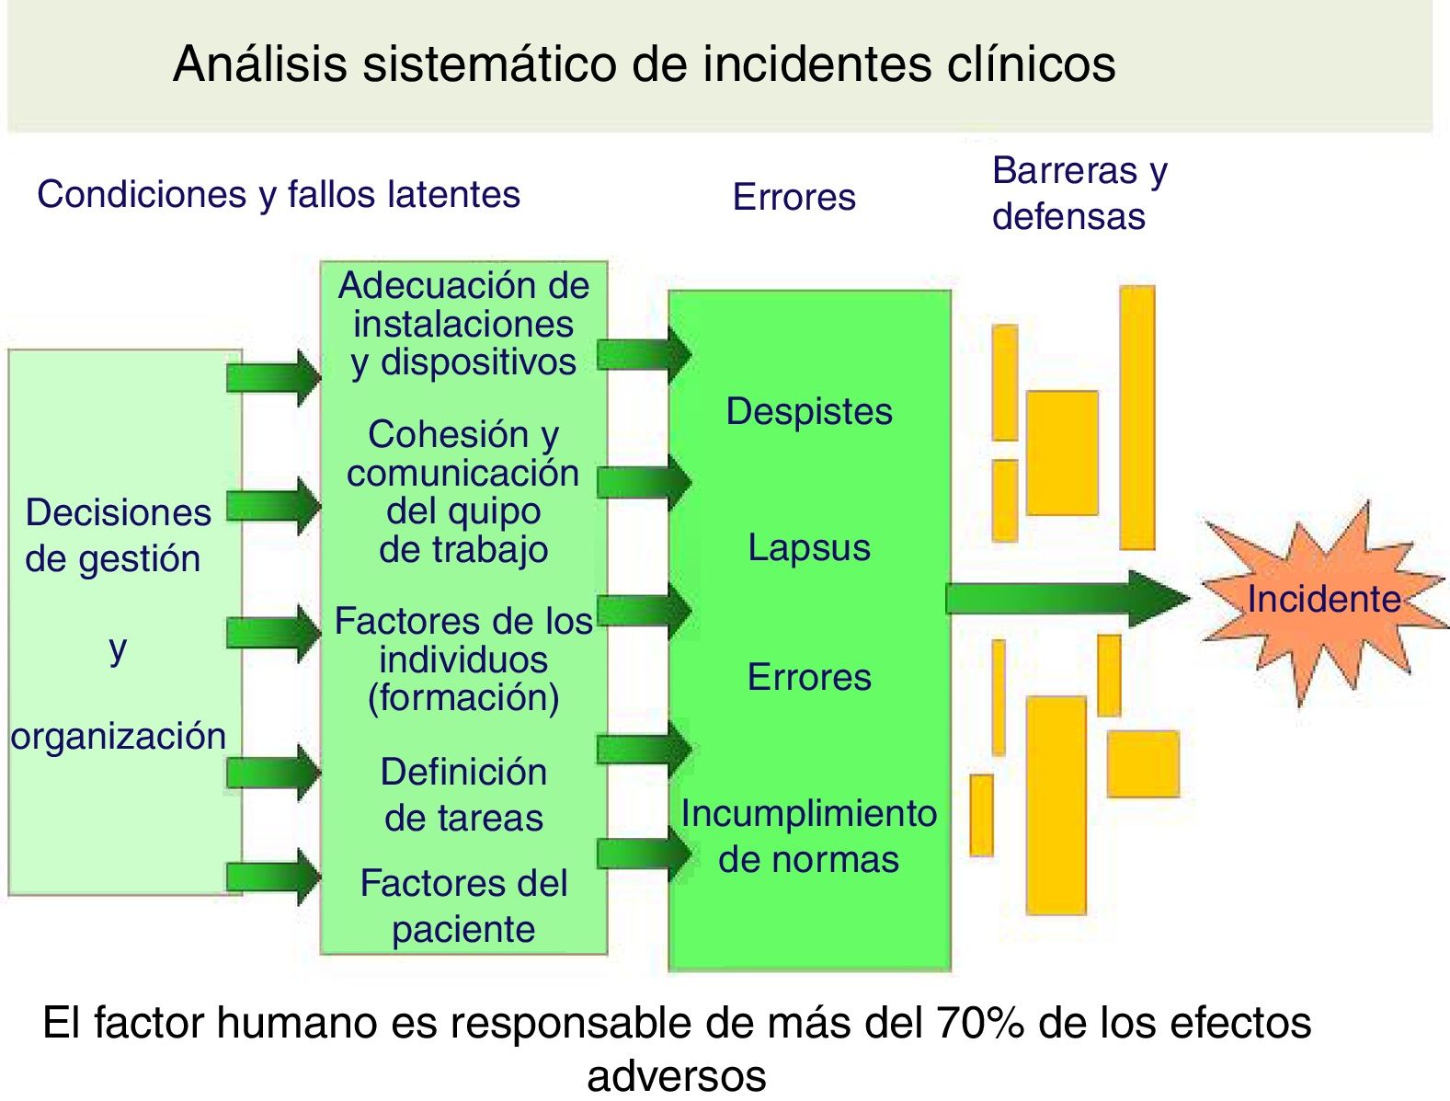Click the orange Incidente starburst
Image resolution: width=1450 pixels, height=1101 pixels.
[1321, 600]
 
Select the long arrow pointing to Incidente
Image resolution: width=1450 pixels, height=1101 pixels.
[1067, 599]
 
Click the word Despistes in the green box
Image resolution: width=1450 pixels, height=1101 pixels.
[809, 411]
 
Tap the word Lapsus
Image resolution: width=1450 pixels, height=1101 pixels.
[809, 547]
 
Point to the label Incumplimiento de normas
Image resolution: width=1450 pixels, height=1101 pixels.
[809, 836]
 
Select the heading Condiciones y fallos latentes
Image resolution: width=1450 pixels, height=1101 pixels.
[279, 194]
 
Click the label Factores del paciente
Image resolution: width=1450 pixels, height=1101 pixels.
[463, 906]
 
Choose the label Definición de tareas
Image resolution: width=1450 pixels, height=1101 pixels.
[463, 795]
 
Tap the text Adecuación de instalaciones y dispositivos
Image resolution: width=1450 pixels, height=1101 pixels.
[463, 324]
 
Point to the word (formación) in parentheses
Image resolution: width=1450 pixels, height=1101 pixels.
[463, 697]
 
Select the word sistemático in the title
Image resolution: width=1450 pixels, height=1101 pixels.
[489, 64]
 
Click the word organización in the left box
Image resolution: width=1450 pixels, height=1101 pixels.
[119, 736]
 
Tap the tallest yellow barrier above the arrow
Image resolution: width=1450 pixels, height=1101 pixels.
[1137, 418]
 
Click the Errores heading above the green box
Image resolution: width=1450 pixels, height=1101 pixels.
[794, 197]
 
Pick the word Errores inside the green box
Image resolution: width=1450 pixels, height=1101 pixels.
[809, 677]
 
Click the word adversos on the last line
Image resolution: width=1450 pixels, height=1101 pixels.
[677, 1075]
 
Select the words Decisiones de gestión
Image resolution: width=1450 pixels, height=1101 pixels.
[118, 535]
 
